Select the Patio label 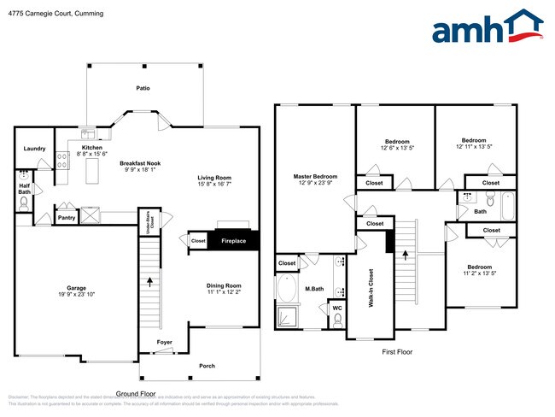[x=143, y=87]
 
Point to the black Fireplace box [x=232, y=241]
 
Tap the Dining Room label [x=224, y=285]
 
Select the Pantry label [x=67, y=218]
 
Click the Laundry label [x=34, y=149]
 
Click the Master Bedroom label [x=314, y=176]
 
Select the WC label [x=337, y=307]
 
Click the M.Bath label [x=313, y=289]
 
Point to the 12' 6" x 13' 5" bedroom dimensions [x=397, y=147]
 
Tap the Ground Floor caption [x=136, y=394]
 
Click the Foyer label [x=164, y=343]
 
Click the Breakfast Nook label [x=140, y=163]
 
